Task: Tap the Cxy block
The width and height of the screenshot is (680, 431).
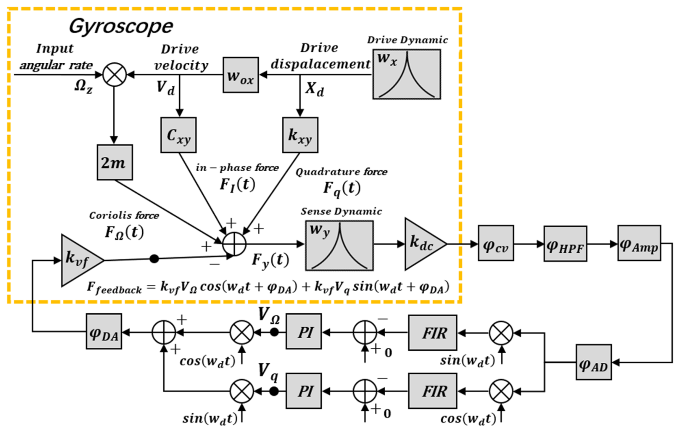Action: [178, 135]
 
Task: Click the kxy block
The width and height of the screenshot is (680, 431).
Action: [300, 135]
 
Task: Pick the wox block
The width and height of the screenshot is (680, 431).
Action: [241, 75]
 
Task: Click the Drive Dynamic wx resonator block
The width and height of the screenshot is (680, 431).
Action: [407, 74]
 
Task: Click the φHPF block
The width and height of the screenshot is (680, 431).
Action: [565, 244]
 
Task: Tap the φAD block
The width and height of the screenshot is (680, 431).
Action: [594, 362]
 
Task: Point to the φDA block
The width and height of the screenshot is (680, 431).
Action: [104, 331]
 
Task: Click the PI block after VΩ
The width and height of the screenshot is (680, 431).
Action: [304, 331]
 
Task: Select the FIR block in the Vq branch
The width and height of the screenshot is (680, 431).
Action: [433, 391]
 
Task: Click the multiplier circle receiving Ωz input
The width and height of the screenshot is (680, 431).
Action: [114, 75]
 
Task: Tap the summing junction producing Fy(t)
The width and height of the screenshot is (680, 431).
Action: [234, 244]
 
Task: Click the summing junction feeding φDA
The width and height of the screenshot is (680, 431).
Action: [164, 332]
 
